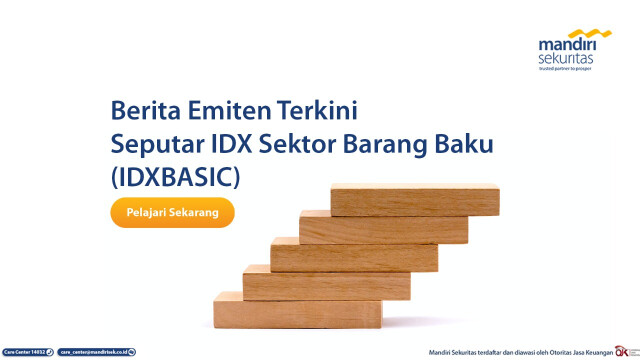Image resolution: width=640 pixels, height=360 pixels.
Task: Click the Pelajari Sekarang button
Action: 172,212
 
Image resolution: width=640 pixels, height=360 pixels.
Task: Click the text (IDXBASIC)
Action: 175,178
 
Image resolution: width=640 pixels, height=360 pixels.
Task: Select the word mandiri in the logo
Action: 567,46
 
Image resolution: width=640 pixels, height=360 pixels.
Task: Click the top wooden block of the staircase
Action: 413,202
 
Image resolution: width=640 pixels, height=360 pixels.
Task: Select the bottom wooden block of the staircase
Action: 298,310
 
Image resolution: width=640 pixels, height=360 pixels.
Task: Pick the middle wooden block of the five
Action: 354,257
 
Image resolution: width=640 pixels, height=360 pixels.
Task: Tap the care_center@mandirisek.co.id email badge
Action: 96,352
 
